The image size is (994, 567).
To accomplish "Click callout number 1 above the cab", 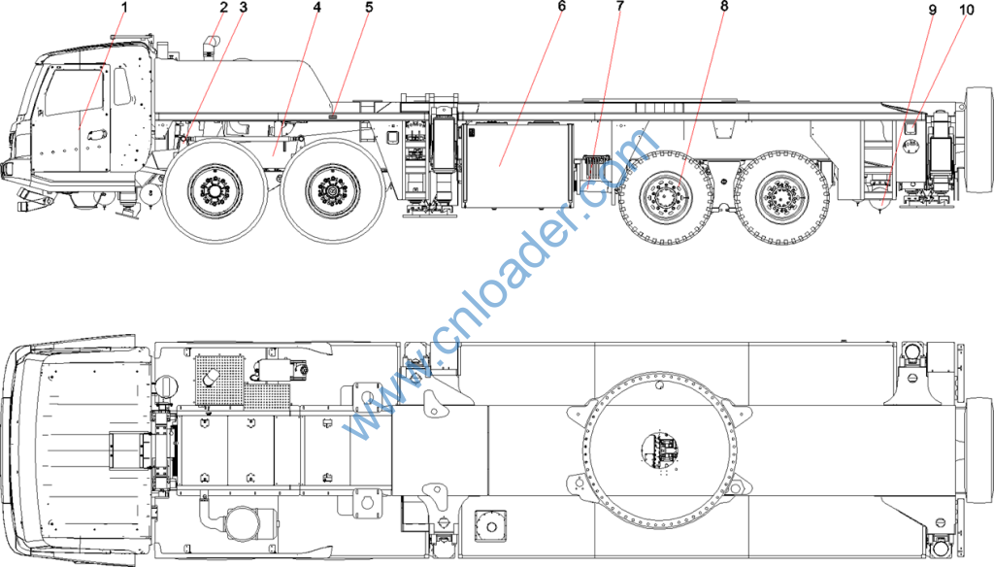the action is click(x=124, y=8).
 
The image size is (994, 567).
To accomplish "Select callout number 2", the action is click(x=223, y=8).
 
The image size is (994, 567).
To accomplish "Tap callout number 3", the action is click(x=244, y=8).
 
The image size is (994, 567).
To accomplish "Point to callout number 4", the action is click(x=317, y=8).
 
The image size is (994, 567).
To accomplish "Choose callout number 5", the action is click(x=369, y=8).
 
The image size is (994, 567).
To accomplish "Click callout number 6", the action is click(x=562, y=7).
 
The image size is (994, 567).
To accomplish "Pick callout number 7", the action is click(x=619, y=7).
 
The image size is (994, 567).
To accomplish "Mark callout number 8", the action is click(x=724, y=7).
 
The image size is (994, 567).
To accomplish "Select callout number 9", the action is click(x=932, y=11).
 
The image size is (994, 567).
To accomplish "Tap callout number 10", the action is click(x=966, y=11).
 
